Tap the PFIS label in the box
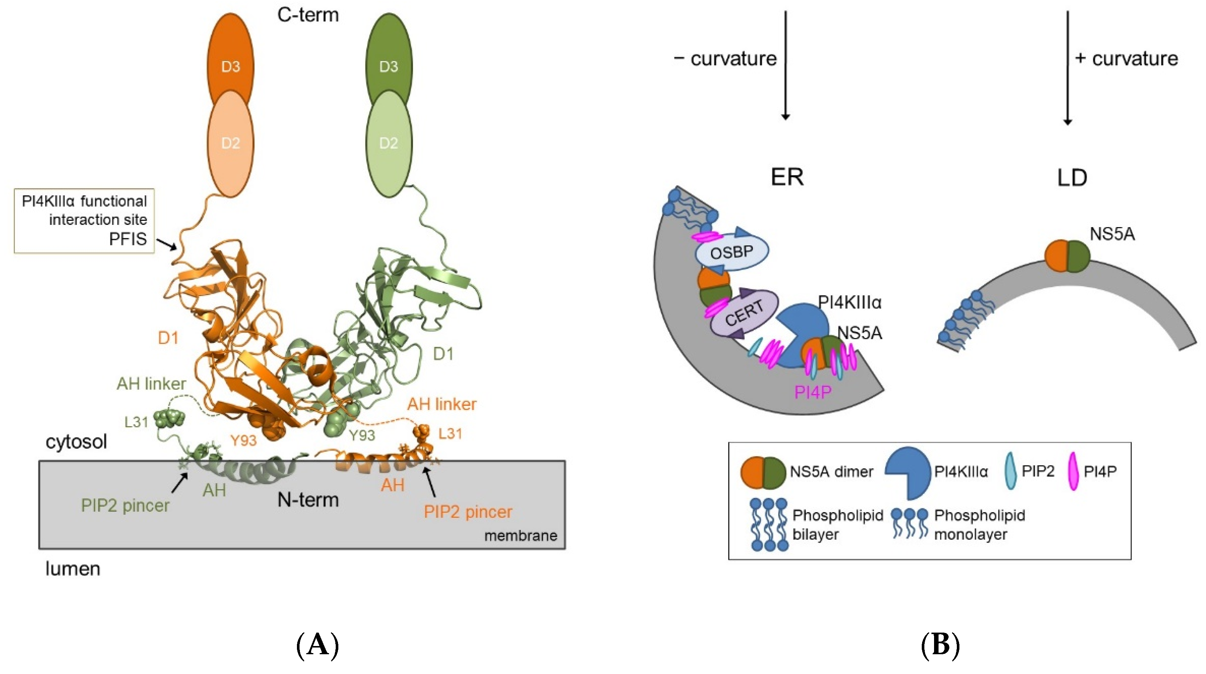[128, 239]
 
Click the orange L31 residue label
[450, 434]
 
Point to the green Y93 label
[362, 436]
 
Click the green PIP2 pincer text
[125, 505]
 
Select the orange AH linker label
[442, 404]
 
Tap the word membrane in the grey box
[521, 536]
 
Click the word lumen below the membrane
[73, 569]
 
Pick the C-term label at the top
[308, 15]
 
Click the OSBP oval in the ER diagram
[732, 253]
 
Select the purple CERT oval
[745, 313]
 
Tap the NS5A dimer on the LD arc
[1068, 256]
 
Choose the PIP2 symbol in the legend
[1011, 471]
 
